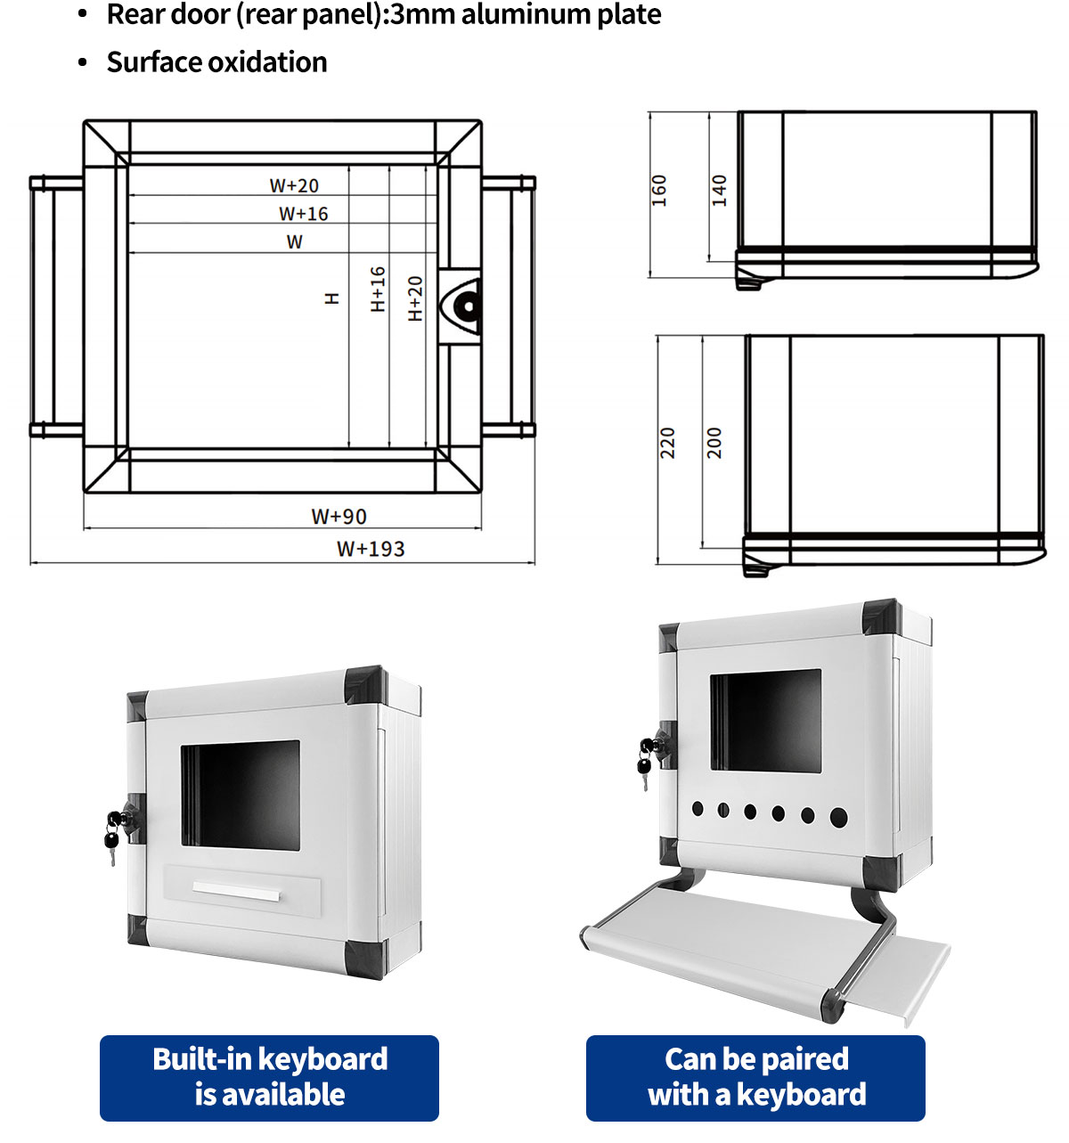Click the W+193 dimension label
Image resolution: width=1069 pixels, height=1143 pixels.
[371, 549]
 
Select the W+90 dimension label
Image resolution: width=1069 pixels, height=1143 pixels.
[339, 517]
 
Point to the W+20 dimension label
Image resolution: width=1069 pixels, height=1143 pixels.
[294, 185]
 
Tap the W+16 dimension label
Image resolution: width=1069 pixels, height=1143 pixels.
[303, 214]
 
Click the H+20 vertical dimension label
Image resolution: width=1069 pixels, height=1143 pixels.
[415, 298]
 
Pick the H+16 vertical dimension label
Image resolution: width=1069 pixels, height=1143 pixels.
[379, 289]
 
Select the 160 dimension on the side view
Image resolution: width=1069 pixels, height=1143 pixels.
[659, 191]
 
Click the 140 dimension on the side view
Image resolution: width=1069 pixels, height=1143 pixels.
[719, 191]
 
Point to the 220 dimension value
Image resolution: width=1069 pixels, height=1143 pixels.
[667, 443]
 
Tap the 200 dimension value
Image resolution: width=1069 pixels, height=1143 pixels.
[714, 443]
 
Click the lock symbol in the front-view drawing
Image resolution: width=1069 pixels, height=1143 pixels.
[465, 306]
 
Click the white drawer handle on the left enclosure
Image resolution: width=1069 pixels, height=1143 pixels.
[237, 891]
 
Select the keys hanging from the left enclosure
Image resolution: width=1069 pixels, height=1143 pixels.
[112, 837]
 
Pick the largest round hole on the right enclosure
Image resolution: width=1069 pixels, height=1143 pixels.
[838, 816]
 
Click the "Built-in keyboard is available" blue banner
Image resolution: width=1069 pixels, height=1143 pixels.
[269, 1077]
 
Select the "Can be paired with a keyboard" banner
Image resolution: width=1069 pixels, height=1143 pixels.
[755, 1077]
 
